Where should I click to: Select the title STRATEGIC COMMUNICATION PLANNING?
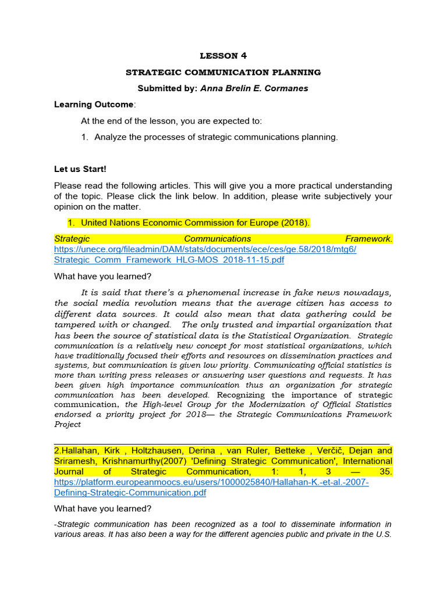coord(223,73)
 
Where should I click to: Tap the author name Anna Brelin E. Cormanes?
coord(255,89)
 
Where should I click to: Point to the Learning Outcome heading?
coord(94,105)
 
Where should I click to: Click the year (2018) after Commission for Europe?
coord(293,223)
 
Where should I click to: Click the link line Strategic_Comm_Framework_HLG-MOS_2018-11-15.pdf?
coord(169,260)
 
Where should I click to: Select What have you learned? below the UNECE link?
coord(102,277)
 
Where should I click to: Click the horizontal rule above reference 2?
coord(221,444)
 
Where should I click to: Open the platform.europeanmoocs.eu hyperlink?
coord(211,482)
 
